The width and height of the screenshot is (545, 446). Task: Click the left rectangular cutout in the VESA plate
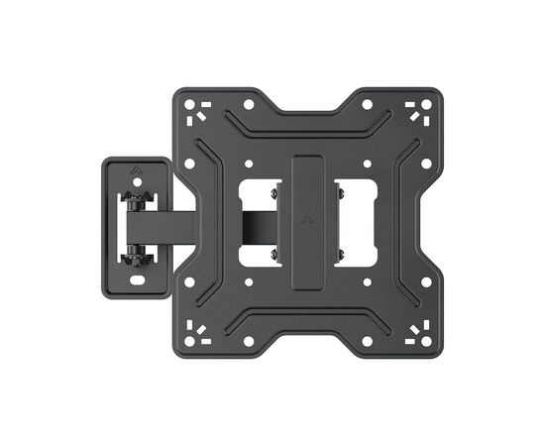[255, 220]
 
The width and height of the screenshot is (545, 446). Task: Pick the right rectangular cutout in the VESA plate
[353, 220]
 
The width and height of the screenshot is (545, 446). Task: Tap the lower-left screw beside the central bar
[273, 256]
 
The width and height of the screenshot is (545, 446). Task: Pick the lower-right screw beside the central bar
[338, 256]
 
